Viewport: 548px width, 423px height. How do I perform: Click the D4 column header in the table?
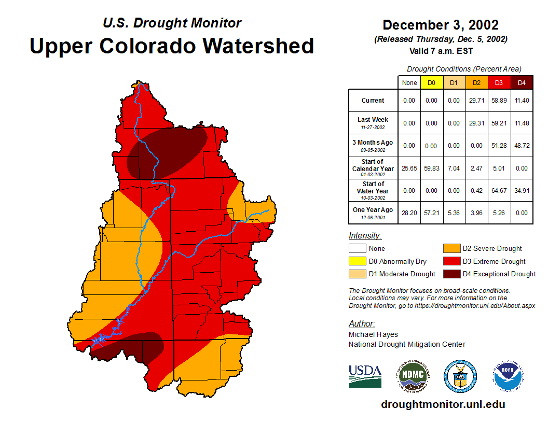click(522, 83)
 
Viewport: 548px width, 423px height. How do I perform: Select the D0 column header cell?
click(431, 83)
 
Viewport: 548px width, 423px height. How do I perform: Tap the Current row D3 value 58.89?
click(499, 101)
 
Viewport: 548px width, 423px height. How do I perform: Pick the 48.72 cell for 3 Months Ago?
click(522, 146)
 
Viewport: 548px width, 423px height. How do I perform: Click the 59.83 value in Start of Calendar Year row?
click(431, 168)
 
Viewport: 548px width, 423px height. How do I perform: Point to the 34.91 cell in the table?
click(522, 191)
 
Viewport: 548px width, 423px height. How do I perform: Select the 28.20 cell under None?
click(409, 213)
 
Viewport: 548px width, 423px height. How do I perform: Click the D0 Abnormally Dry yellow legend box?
click(357, 261)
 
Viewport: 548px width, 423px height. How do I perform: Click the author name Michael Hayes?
click(373, 334)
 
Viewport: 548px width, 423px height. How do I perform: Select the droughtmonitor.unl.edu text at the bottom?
click(443, 404)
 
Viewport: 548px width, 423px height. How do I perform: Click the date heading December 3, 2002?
click(440, 25)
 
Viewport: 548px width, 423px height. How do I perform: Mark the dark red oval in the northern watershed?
click(167, 151)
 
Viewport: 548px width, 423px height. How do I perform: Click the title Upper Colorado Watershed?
click(172, 46)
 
